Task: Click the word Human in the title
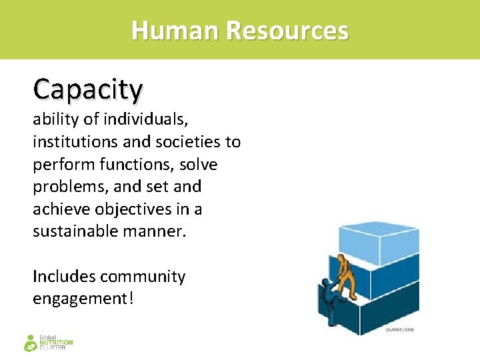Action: pyautogui.click(x=175, y=31)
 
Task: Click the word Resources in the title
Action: pyautogui.click(x=287, y=31)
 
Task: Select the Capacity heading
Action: pyautogui.click(x=88, y=89)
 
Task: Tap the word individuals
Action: pyautogui.click(x=149, y=120)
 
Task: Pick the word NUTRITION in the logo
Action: pyautogui.click(x=56, y=343)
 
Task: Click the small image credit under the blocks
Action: pyautogui.click(x=400, y=330)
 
